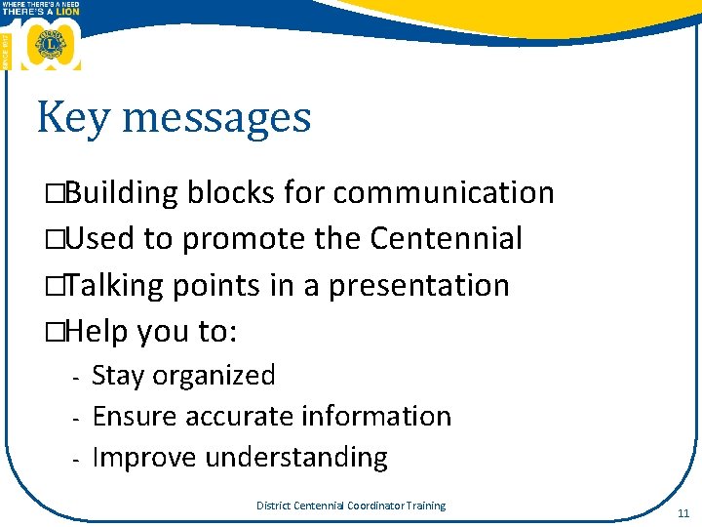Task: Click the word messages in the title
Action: tap(217, 119)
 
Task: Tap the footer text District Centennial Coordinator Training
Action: tap(350, 506)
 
